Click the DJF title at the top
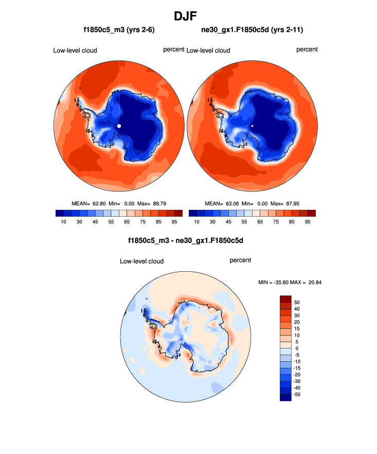188,16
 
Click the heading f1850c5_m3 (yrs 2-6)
119,30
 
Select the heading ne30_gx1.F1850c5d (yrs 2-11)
252,30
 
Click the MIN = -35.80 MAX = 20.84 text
290,283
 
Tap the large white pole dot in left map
119,126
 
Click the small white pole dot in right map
252,126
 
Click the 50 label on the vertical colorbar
297,302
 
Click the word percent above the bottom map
240,260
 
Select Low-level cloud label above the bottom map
141,261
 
